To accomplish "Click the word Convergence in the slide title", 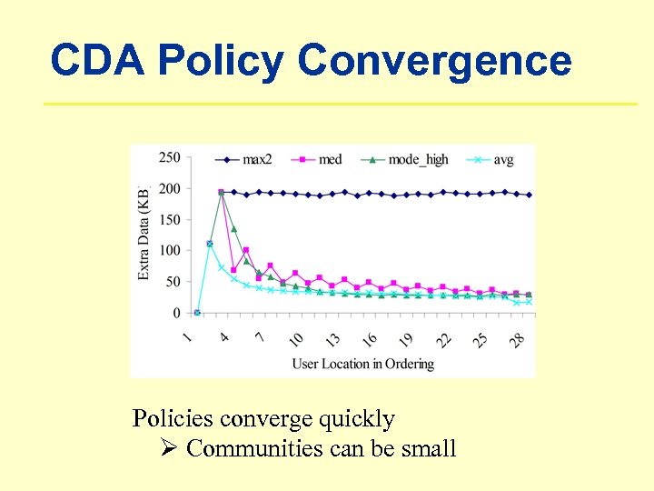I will [434, 62].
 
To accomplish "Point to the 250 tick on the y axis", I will [169, 157].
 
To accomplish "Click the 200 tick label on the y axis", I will [169, 188].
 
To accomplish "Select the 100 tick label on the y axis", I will [169, 250].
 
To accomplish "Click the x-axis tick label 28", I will [516, 338].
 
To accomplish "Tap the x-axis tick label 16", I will [370, 338].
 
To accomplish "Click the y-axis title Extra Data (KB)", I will [144, 234].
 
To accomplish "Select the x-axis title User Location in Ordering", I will [362, 364].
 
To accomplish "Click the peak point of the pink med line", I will [221, 193].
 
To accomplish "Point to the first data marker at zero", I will [197, 313].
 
